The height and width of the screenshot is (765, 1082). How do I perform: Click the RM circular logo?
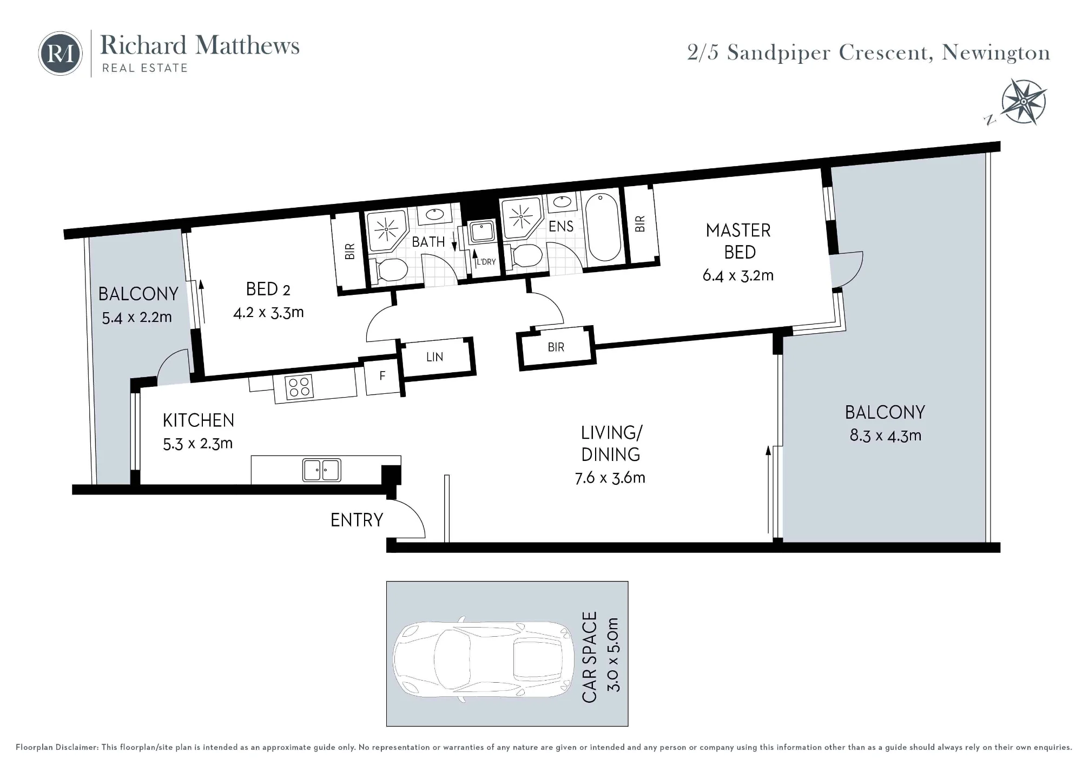[x=60, y=54]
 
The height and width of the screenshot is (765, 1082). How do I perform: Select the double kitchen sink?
[x=322, y=470]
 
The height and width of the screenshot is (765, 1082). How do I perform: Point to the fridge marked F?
[x=382, y=377]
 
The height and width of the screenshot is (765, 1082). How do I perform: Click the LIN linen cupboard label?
[x=434, y=357]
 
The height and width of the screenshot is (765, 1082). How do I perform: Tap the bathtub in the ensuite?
[x=603, y=227]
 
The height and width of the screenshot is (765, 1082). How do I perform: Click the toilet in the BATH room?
[x=388, y=269]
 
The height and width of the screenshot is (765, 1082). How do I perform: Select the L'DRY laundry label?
[x=486, y=262]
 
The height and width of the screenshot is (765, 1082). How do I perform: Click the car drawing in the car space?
[x=483, y=660]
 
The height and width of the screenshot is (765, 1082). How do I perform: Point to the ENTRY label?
[x=357, y=520]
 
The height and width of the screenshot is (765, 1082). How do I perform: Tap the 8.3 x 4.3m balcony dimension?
[x=885, y=436]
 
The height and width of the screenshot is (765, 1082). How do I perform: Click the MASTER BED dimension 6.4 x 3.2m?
[x=738, y=275]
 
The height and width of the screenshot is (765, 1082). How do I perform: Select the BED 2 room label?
[x=268, y=289]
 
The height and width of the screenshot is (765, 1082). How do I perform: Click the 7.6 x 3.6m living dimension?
[x=610, y=478]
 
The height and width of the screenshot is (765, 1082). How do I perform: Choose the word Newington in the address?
[x=996, y=53]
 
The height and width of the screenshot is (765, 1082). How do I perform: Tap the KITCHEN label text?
[x=199, y=420]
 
